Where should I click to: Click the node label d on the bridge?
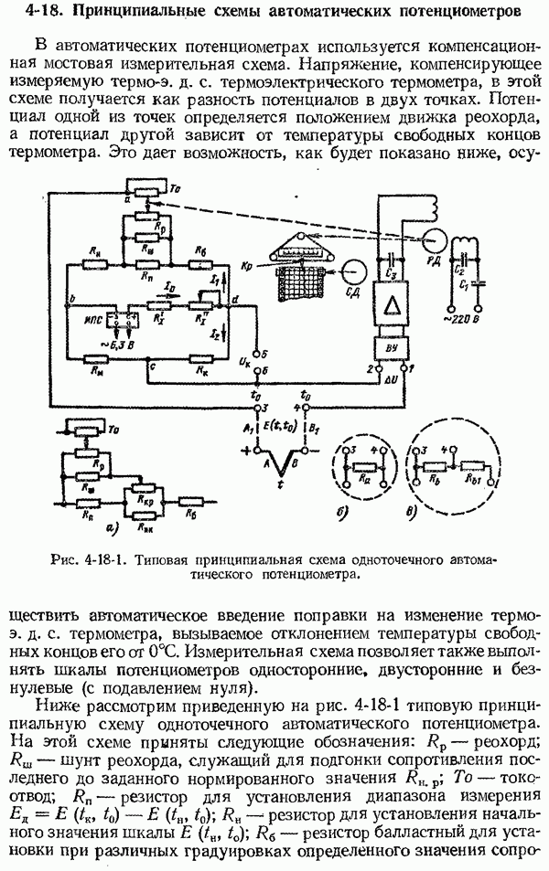pyautogui.click(x=238, y=301)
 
